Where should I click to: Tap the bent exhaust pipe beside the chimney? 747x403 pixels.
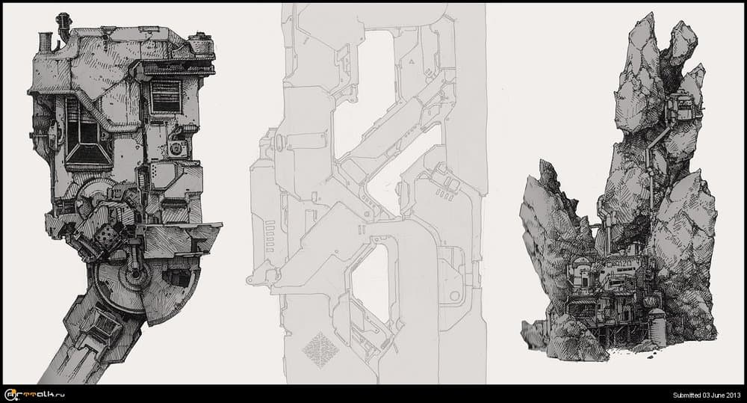(63, 25)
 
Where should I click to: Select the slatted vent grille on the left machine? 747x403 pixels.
(166, 96)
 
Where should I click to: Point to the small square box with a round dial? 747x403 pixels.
(177, 148)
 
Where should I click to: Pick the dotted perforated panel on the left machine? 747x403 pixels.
(107, 236)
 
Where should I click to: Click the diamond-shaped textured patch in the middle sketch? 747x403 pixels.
(320, 350)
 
